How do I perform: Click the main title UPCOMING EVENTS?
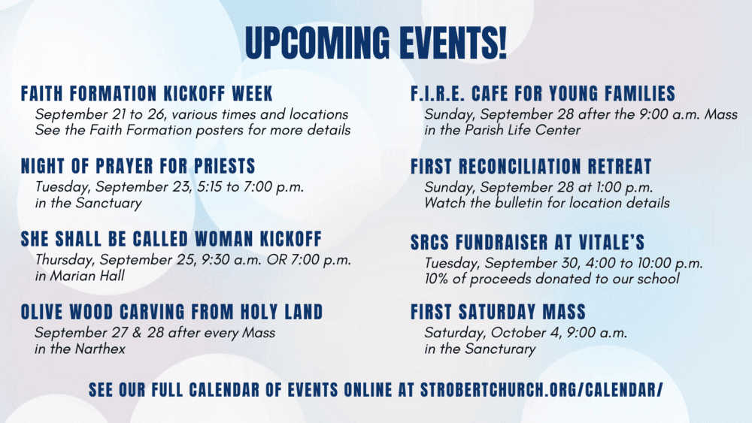click(375, 43)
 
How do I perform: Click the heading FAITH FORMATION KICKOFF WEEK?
click(147, 93)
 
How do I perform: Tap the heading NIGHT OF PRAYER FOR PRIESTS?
click(138, 166)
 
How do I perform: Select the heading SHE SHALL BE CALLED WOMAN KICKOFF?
click(171, 239)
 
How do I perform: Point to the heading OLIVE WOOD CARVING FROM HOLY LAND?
click(171, 312)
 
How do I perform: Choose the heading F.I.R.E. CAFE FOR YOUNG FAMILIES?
click(543, 93)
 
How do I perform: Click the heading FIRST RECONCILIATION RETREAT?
click(531, 166)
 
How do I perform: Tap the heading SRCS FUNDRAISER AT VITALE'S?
click(528, 243)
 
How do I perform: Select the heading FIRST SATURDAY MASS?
click(499, 312)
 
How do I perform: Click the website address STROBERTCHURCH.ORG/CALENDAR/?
click(541, 390)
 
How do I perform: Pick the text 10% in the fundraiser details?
click(436, 279)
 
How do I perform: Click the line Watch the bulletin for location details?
click(547, 203)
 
